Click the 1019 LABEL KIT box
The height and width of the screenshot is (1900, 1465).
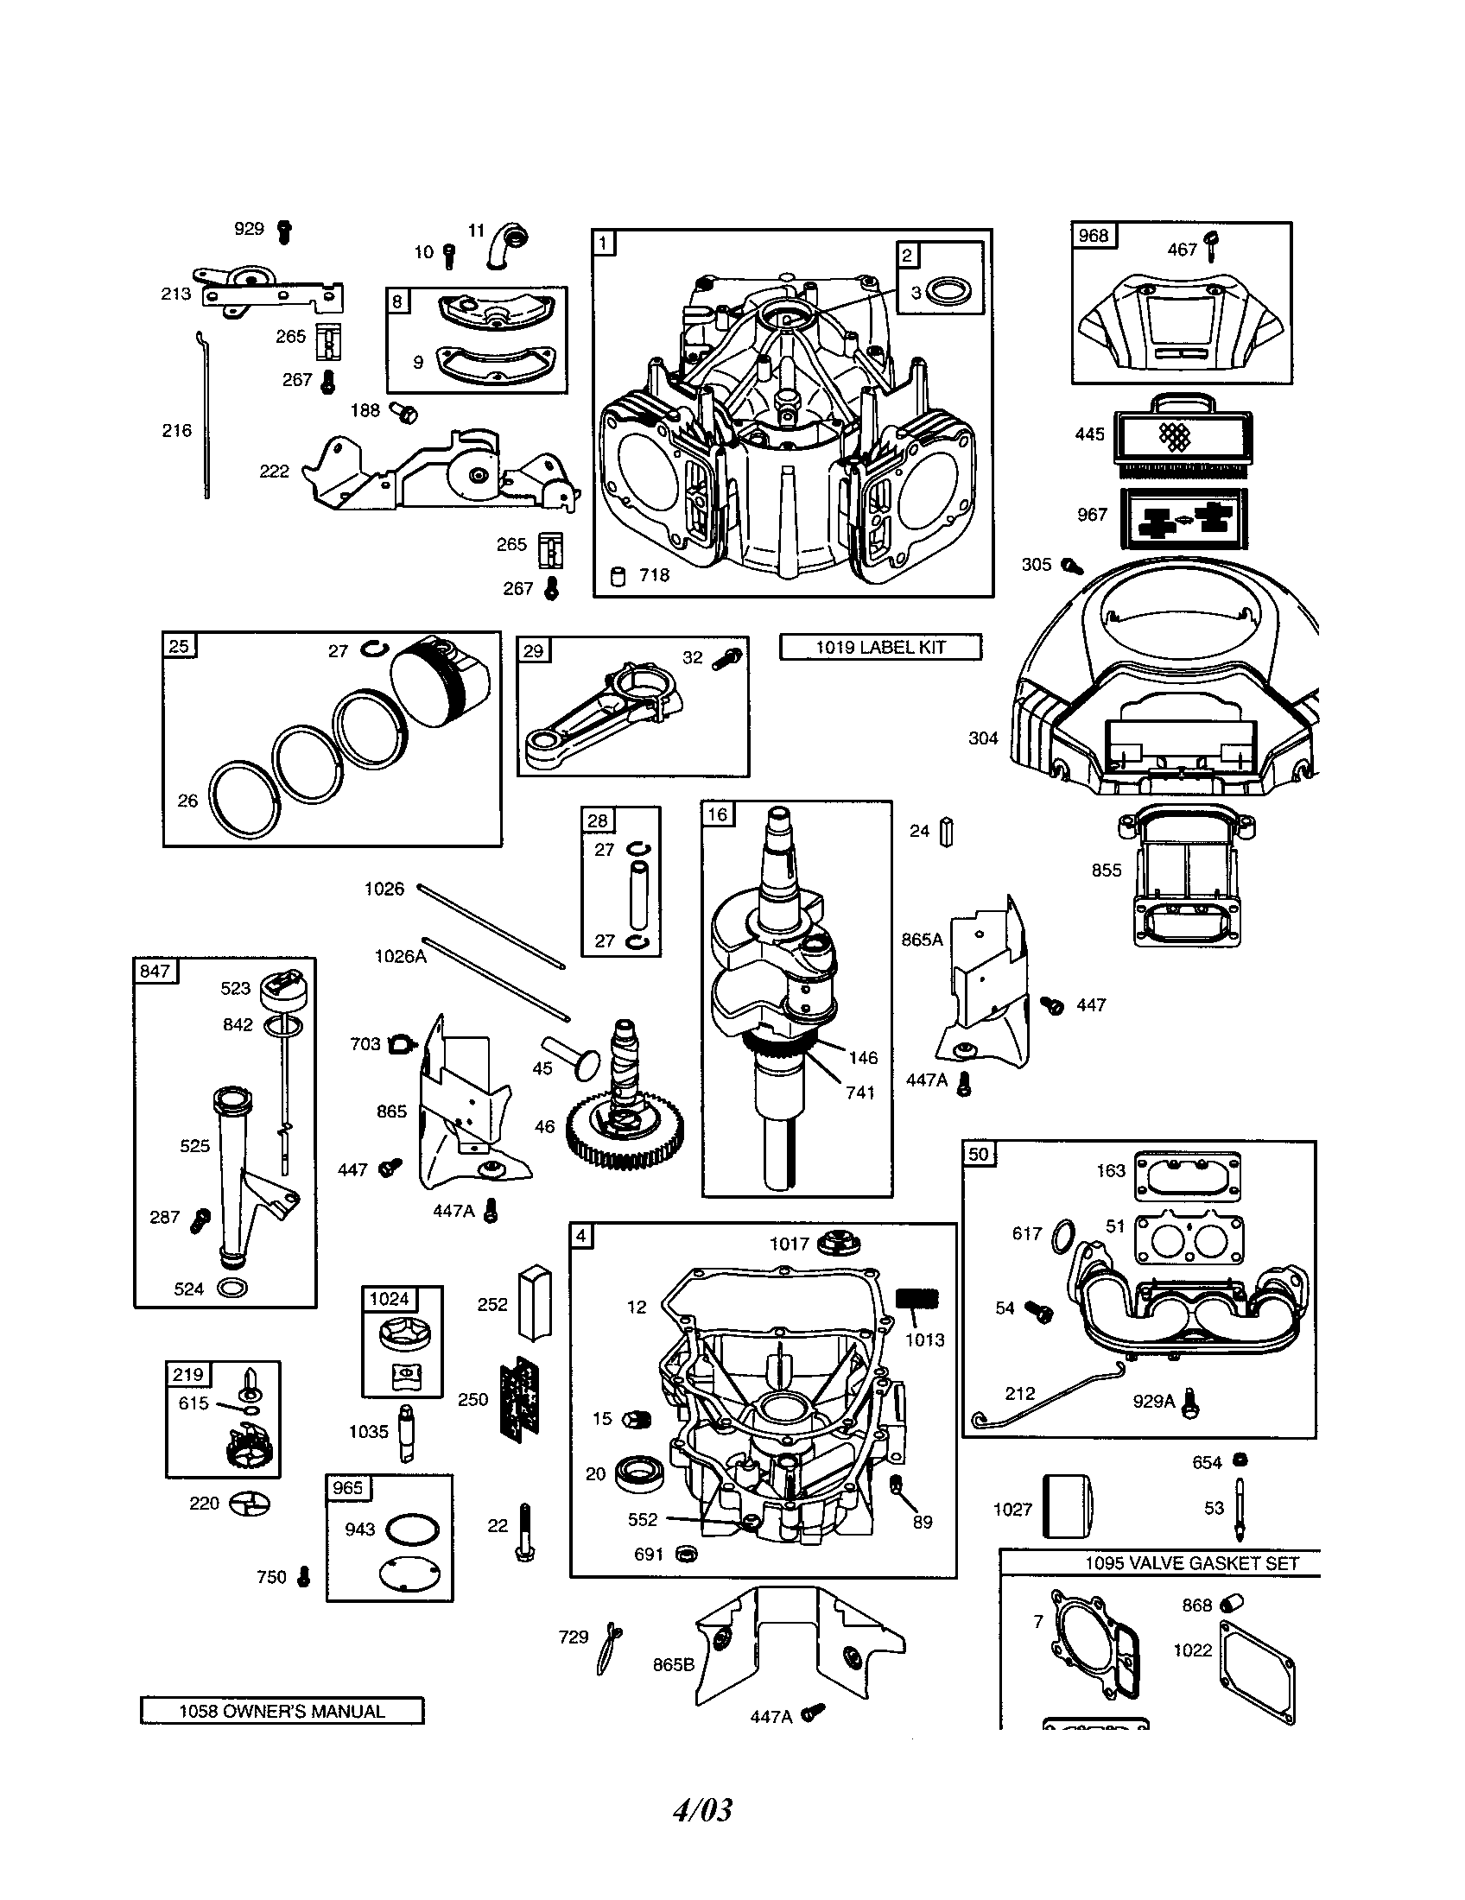[879, 647]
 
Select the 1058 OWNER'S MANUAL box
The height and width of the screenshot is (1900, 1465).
[282, 1711]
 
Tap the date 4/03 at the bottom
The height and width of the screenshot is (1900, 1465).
[703, 1809]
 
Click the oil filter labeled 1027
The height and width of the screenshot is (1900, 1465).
[1067, 1507]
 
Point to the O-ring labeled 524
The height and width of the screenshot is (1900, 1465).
[231, 1289]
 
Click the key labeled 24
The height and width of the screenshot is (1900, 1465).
[948, 832]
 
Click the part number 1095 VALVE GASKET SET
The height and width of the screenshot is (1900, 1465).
[1191, 1562]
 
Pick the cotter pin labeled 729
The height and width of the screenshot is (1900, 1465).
[608, 1648]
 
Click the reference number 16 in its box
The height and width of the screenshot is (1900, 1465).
[718, 814]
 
